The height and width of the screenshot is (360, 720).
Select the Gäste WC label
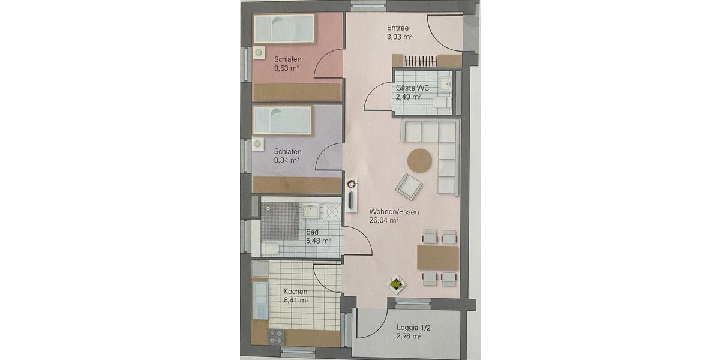(x=412, y=88)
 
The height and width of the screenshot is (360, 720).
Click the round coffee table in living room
(x=420, y=160)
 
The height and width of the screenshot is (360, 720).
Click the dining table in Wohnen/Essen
(x=437, y=258)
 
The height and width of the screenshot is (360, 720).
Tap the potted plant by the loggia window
(x=396, y=284)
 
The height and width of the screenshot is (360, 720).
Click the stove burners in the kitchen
(x=276, y=337)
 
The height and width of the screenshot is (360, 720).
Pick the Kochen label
(x=296, y=292)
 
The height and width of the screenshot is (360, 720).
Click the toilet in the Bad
(x=269, y=248)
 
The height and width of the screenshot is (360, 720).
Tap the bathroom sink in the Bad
(x=310, y=210)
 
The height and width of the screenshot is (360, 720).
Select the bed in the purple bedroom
(x=282, y=121)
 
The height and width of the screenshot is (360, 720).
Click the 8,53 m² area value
(x=287, y=68)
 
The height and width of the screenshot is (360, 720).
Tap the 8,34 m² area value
(x=287, y=160)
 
